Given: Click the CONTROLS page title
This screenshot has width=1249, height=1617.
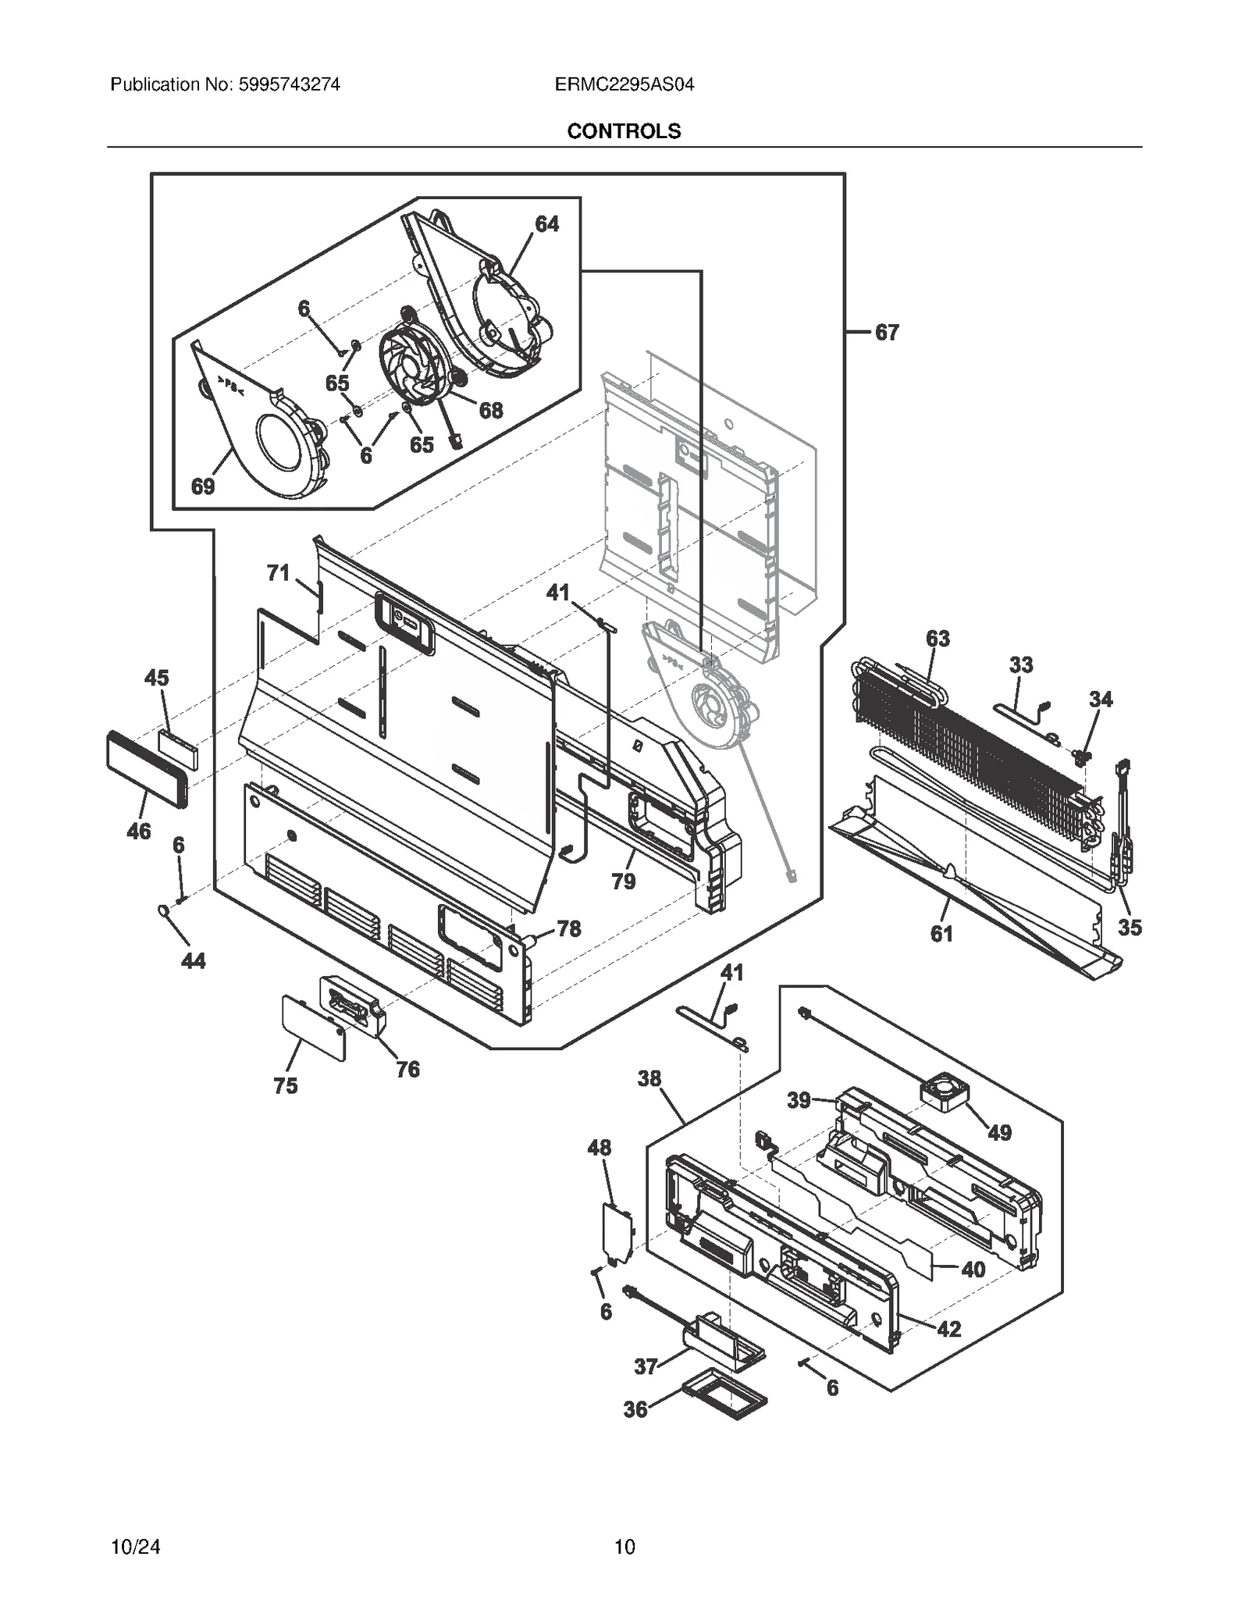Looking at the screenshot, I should (623, 131).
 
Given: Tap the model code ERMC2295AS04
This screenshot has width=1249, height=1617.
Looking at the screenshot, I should (624, 84).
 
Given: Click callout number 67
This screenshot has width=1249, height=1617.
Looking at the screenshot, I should (886, 333).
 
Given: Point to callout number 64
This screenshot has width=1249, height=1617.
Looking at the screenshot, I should (546, 224).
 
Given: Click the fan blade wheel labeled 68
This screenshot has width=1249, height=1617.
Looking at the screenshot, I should (412, 365).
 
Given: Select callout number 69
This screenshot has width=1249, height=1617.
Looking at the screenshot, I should (203, 486).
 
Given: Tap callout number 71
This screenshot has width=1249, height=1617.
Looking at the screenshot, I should (278, 573).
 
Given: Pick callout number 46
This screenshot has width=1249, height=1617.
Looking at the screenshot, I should (139, 832).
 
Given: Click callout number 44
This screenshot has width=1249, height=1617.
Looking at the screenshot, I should (193, 960).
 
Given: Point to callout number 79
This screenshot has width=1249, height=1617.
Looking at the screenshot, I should (623, 882).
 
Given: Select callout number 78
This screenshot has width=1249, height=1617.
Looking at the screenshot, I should (568, 928).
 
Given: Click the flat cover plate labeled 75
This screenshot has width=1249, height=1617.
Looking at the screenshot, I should (312, 1028).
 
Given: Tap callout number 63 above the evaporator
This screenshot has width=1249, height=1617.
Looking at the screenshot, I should (938, 639).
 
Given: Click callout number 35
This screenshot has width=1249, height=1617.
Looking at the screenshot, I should (1130, 928).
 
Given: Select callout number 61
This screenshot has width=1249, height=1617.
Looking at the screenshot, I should (941, 933).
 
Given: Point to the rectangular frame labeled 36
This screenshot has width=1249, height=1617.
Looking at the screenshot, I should (724, 1402).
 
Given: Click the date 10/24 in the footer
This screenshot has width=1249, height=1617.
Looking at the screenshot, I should (136, 1546).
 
